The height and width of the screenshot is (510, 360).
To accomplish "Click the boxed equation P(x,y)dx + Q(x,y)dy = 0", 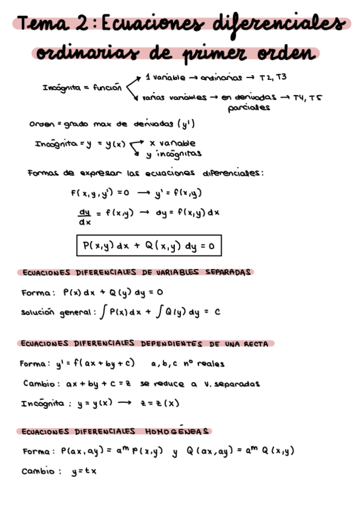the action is coord(148,245).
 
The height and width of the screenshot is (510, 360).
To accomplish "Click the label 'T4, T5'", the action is coord(307,97).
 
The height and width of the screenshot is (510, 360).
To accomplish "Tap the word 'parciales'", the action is coord(249,108).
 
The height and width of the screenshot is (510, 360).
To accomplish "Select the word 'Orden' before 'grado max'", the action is coord(41,124).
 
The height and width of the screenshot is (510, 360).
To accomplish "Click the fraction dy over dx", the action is coord(84,216).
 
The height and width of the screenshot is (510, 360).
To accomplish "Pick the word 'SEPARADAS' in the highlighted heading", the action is coord(227,272).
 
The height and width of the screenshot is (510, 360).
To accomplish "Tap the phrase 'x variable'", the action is coord(173,144).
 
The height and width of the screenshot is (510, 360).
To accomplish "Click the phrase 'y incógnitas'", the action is coord(174,153).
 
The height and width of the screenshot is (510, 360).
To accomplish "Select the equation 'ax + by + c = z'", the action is coord(96,383).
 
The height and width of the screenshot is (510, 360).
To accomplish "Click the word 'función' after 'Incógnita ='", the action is coord(107,88).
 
